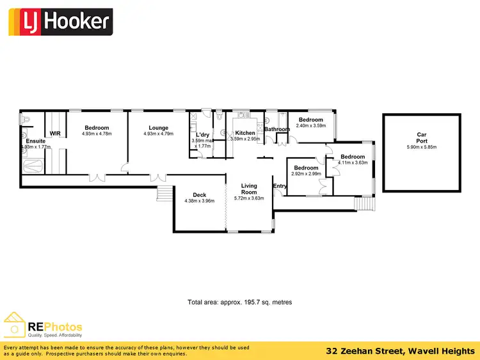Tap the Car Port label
[422, 137]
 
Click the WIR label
[54, 133]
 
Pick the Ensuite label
[36, 141]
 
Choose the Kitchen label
[245, 133]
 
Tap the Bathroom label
[278, 129]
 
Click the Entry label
[280, 186]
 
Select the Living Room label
[248, 189]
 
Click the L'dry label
[201, 135]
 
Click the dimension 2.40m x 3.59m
[311, 126]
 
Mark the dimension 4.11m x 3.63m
[353, 162]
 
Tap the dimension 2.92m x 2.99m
[306, 174]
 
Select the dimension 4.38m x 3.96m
[199, 202]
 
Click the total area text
[239, 302]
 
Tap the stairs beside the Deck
[164, 194]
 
